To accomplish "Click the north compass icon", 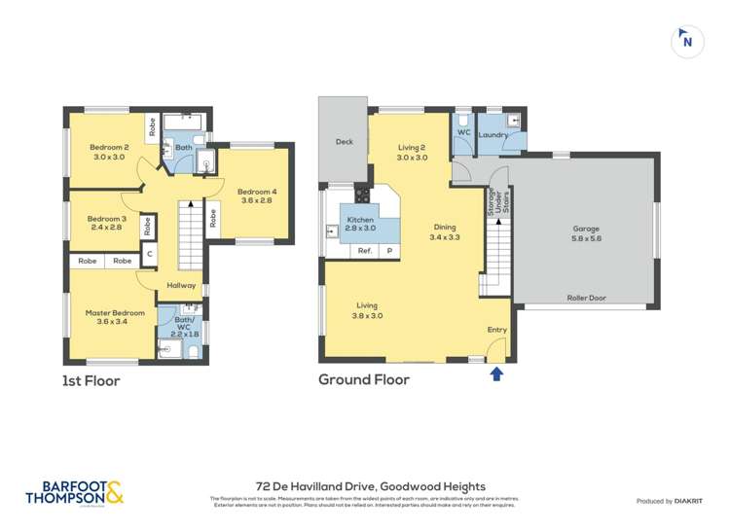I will point(687,41).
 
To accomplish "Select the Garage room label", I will point(586,233).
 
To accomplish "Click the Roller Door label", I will point(586,299).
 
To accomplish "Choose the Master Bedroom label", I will point(115,318).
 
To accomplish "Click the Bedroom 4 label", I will point(256,196).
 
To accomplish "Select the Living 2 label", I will point(412,152).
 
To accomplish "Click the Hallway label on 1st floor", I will point(181,286).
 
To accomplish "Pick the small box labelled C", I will point(150,255).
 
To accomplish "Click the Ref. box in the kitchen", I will point(365,250).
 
